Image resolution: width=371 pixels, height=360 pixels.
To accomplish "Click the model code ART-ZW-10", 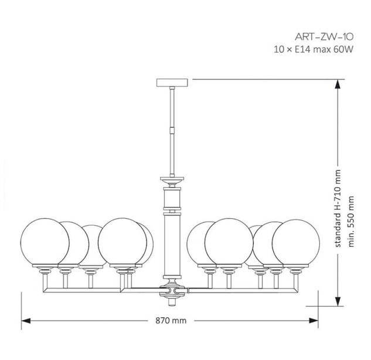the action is tap(324, 37).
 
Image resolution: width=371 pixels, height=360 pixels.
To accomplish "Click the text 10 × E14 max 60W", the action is tap(314, 50).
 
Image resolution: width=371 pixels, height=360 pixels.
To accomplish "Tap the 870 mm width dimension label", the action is tap(171, 321).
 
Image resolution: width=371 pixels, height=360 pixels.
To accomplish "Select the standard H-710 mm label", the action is tap(338, 209).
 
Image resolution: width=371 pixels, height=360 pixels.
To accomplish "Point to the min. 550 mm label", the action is tap(351, 221).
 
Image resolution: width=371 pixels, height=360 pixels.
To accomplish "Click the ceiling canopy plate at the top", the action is tap(172, 82).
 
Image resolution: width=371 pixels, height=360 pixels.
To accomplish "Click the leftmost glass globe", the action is tap(45, 242).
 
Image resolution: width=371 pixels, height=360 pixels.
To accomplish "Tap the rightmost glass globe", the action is tap(296, 243).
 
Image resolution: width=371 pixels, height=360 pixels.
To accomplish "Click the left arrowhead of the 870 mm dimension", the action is tap(26, 321).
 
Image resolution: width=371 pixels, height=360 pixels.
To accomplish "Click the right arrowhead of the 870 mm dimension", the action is tap(314, 321).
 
